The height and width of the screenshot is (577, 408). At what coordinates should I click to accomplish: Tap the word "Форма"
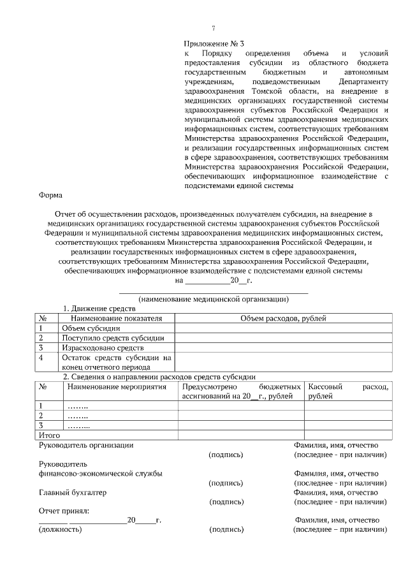(x=51, y=196)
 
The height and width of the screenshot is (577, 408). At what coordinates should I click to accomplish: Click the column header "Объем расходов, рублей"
(x=282, y=318)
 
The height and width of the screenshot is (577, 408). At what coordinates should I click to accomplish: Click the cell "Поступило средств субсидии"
(x=113, y=338)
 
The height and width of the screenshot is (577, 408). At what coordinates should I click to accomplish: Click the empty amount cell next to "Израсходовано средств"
(x=282, y=348)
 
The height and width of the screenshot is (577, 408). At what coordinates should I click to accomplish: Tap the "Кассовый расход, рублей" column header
(x=347, y=391)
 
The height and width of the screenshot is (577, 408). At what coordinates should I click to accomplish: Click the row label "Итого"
(x=50, y=435)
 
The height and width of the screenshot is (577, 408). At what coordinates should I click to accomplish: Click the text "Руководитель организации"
(x=86, y=445)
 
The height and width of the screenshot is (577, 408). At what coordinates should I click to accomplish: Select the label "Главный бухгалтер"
(x=73, y=493)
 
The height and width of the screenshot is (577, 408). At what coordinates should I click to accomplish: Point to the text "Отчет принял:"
(x=64, y=511)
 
